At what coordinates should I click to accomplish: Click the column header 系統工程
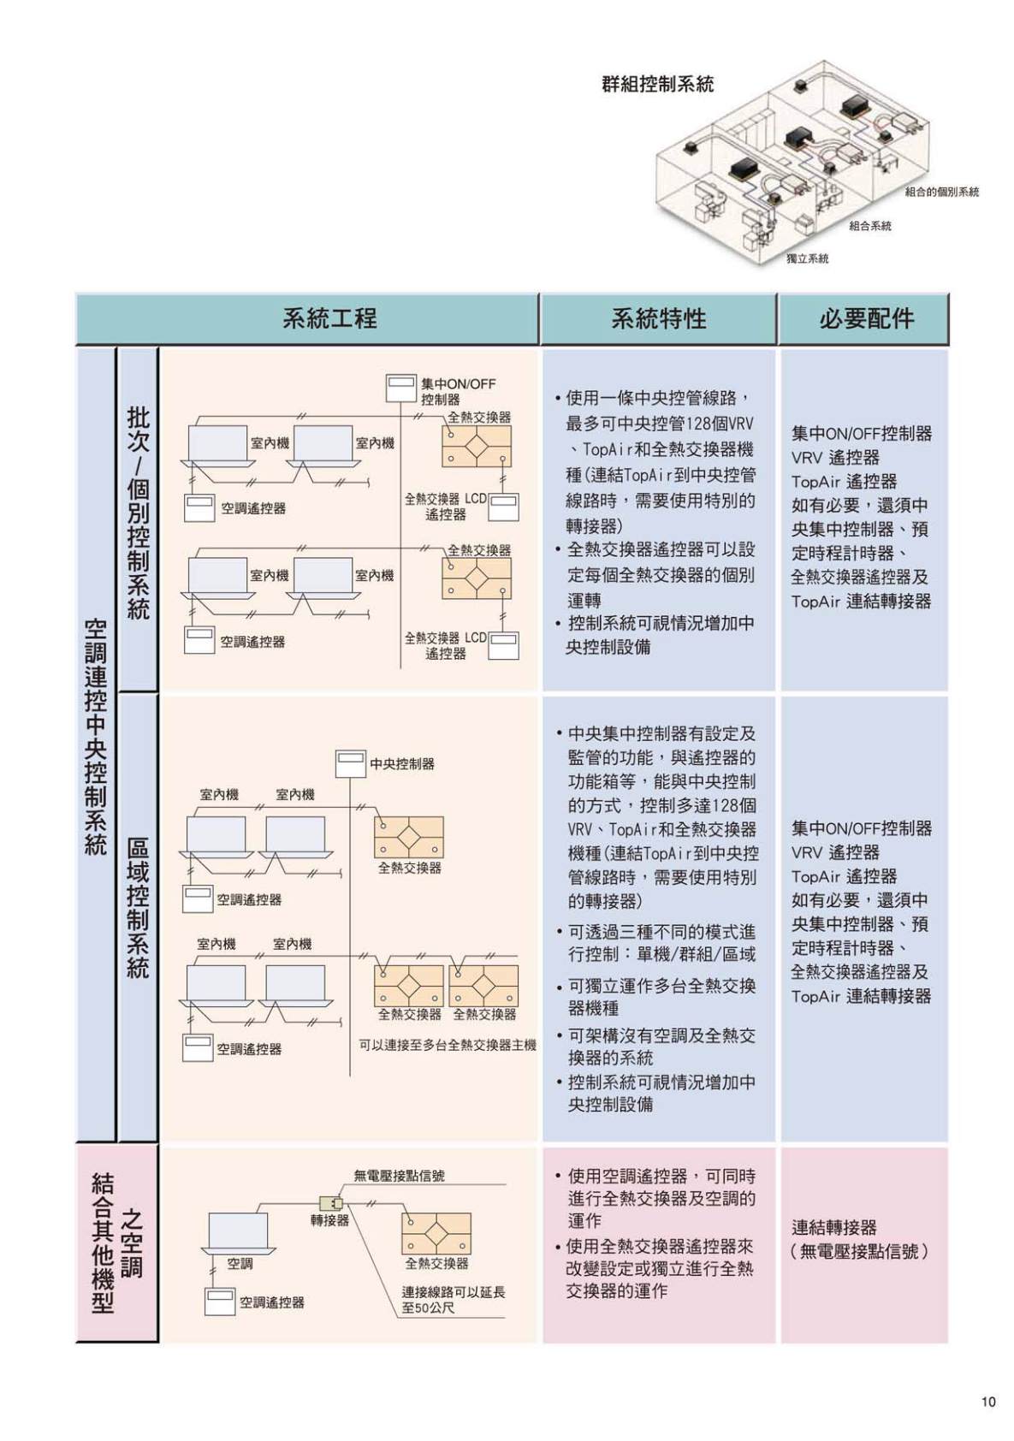(x=329, y=319)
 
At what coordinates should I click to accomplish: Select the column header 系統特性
(x=658, y=319)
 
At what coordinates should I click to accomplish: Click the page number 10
(x=988, y=1402)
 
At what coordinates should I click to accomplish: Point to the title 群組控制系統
(x=657, y=84)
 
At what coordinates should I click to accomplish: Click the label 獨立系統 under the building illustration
(x=807, y=258)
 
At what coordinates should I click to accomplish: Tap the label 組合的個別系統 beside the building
(x=941, y=193)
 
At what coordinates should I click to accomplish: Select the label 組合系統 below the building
(x=869, y=226)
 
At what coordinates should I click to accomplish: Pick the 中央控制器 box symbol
(x=350, y=763)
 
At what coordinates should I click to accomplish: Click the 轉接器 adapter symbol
(x=331, y=1203)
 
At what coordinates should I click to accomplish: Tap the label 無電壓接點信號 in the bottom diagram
(x=399, y=1176)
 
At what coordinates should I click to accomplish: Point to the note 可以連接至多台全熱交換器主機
(x=447, y=1045)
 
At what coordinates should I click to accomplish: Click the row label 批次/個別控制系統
(x=138, y=513)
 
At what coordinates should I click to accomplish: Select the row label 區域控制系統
(x=138, y=907)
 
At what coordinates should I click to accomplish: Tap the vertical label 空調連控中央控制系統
(x=96, y=736)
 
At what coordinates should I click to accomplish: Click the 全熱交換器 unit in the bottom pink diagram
(x=436, y=1233)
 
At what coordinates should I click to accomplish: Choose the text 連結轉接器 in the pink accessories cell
(x=833, y=1227)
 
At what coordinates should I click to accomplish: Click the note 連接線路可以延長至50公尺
(x=454, y=1300)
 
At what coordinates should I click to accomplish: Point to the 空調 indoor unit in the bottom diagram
(x=238, y=1232)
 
